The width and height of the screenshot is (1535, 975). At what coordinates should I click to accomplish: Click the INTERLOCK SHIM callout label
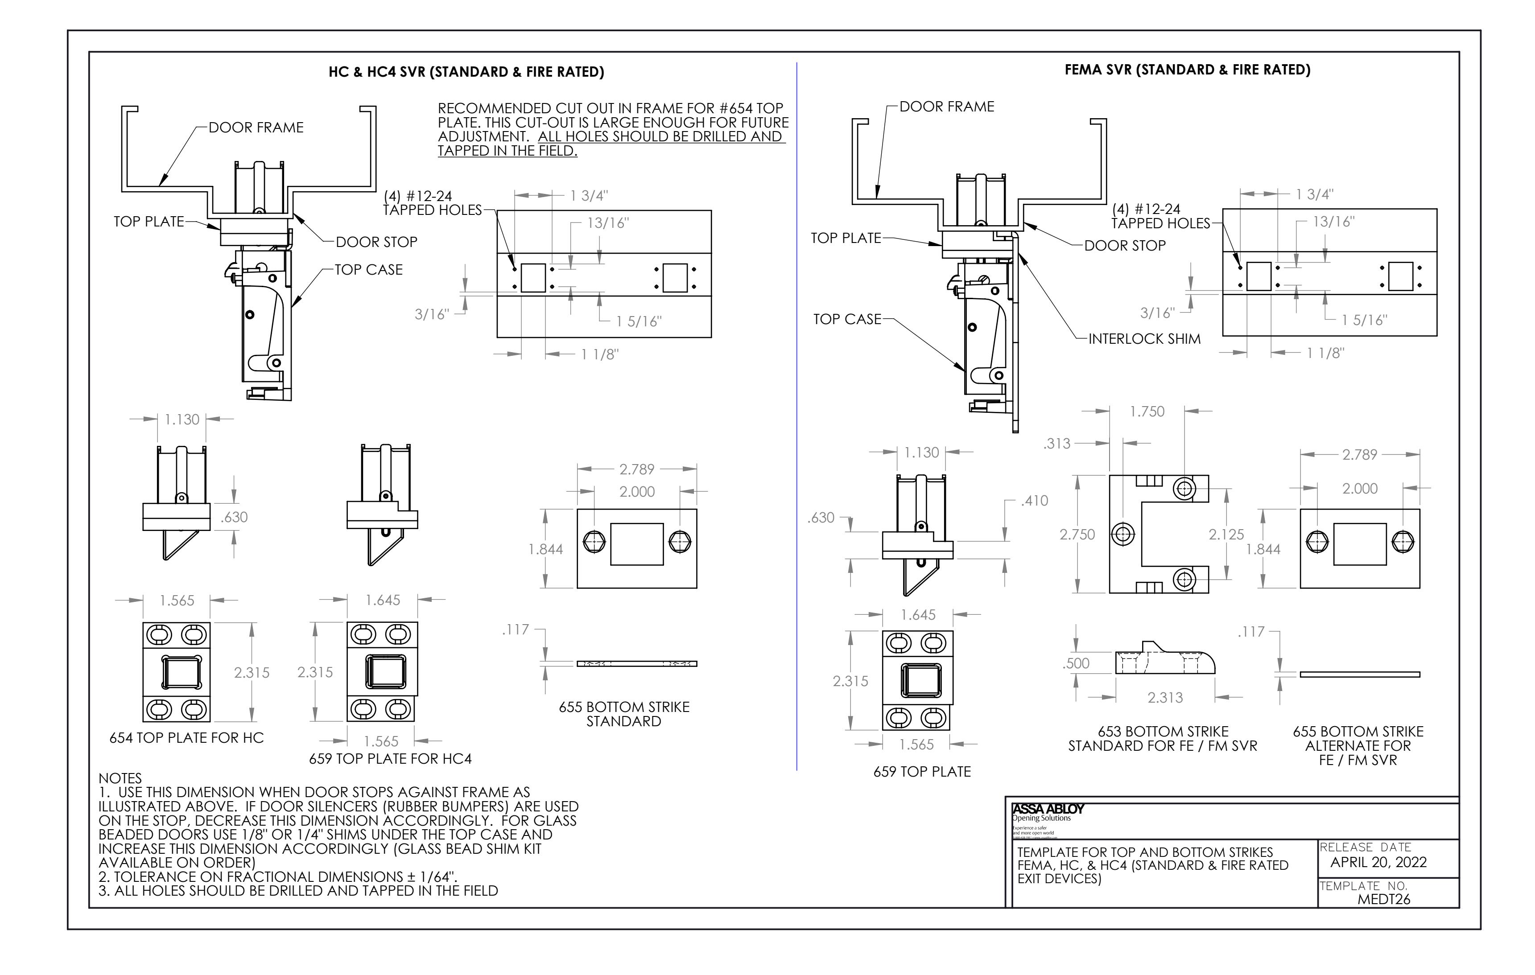1144,339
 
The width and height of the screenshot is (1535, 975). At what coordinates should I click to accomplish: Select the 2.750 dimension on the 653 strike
1077,535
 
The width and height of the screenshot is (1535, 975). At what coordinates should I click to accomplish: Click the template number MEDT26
1384,899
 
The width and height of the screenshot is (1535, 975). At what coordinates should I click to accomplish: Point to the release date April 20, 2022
1378,862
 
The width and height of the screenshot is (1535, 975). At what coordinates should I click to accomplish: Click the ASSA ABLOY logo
1048,809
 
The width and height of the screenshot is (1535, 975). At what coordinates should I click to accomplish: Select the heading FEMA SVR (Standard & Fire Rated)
1187,70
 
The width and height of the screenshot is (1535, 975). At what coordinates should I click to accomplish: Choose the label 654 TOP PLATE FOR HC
186,738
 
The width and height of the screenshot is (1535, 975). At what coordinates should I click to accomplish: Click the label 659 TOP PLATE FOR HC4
390,759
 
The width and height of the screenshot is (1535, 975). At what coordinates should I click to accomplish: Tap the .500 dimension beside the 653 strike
1076,663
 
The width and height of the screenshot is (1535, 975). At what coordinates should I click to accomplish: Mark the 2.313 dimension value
1165,698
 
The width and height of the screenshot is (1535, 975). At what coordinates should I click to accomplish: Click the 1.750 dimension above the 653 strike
1147,411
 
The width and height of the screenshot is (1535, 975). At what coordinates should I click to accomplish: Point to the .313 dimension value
1057,444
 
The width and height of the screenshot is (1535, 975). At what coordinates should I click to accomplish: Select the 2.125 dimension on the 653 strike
1226,535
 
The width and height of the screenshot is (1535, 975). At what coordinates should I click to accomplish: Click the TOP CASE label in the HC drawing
368,270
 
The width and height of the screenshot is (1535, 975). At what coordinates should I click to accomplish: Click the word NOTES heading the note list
120,778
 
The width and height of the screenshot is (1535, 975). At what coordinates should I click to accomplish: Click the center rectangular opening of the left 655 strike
636,544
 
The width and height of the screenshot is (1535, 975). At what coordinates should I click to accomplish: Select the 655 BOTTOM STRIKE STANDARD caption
623,714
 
